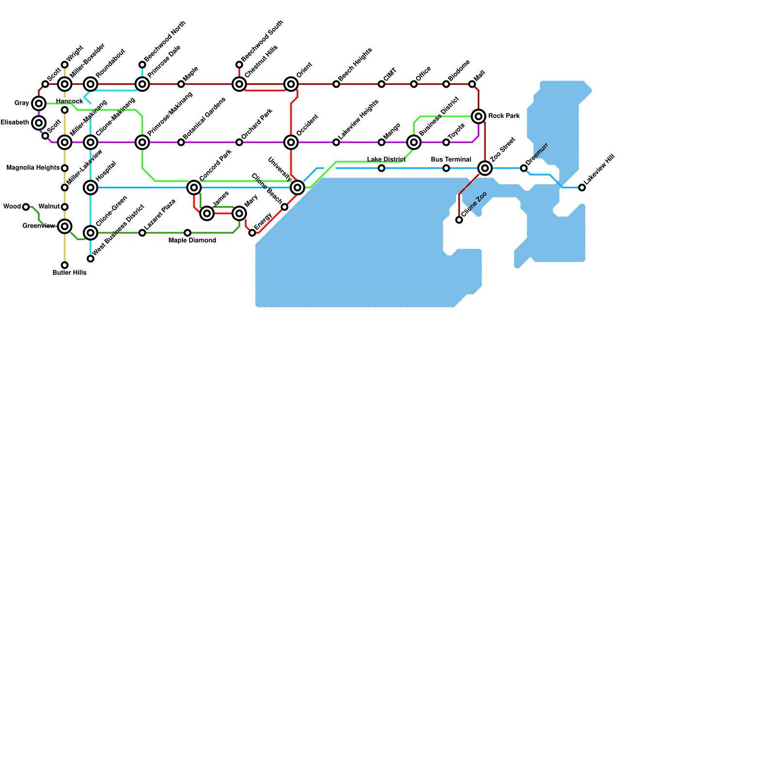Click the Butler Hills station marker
point(65,265)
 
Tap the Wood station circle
point(26,207)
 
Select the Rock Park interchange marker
point(479,116)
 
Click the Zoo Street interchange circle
point(485,168)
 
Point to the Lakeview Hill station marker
point(582,188)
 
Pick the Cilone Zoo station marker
point(459,220)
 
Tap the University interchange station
point(297,188)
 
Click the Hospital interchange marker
point(91,187)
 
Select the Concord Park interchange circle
point(194,187)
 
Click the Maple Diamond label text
point(193,241)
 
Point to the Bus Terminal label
point(451,160)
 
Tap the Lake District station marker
point(382,168)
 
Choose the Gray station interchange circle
point(39,103)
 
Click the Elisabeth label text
point(15,123)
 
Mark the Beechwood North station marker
point(142,65)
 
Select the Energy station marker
point(252,233)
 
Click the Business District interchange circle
point(414,142)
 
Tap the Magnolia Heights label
point(33,168)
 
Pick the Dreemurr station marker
point(524,168)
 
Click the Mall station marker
point(472,84)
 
